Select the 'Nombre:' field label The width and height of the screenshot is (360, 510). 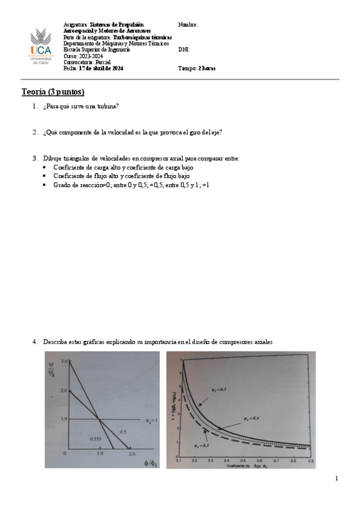[x=188, y=25]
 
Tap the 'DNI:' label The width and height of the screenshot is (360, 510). [x=184, y=50]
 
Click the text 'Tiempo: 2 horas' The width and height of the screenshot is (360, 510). [x=197, y=69]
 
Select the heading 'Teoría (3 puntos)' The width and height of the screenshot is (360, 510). [x=53, y=92]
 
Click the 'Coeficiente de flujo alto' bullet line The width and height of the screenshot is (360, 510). [x=121, y=176]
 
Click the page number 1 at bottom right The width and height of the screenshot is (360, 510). [x=337, y=479]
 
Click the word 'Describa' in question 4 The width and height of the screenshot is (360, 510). [x=54, y=342]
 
